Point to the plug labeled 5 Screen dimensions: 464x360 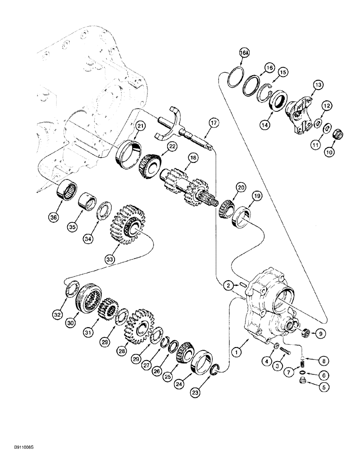pyautogui.click(x=302, y=382)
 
